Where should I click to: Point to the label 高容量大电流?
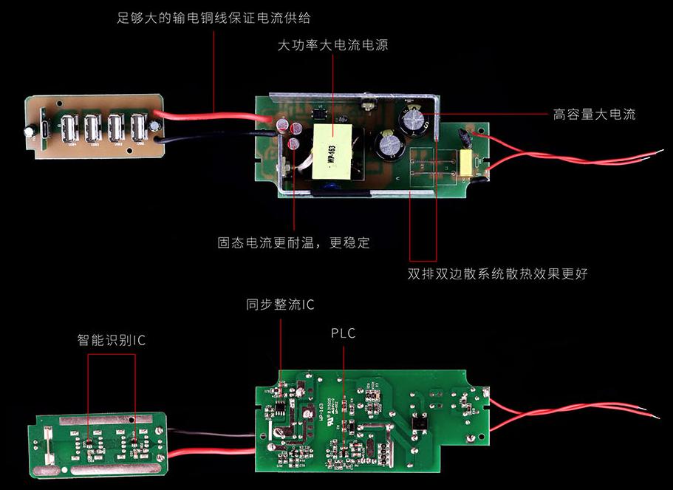594,115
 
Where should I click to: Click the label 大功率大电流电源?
332,46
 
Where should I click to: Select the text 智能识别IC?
112,341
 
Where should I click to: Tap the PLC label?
343,333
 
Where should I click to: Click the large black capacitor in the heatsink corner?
412,120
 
